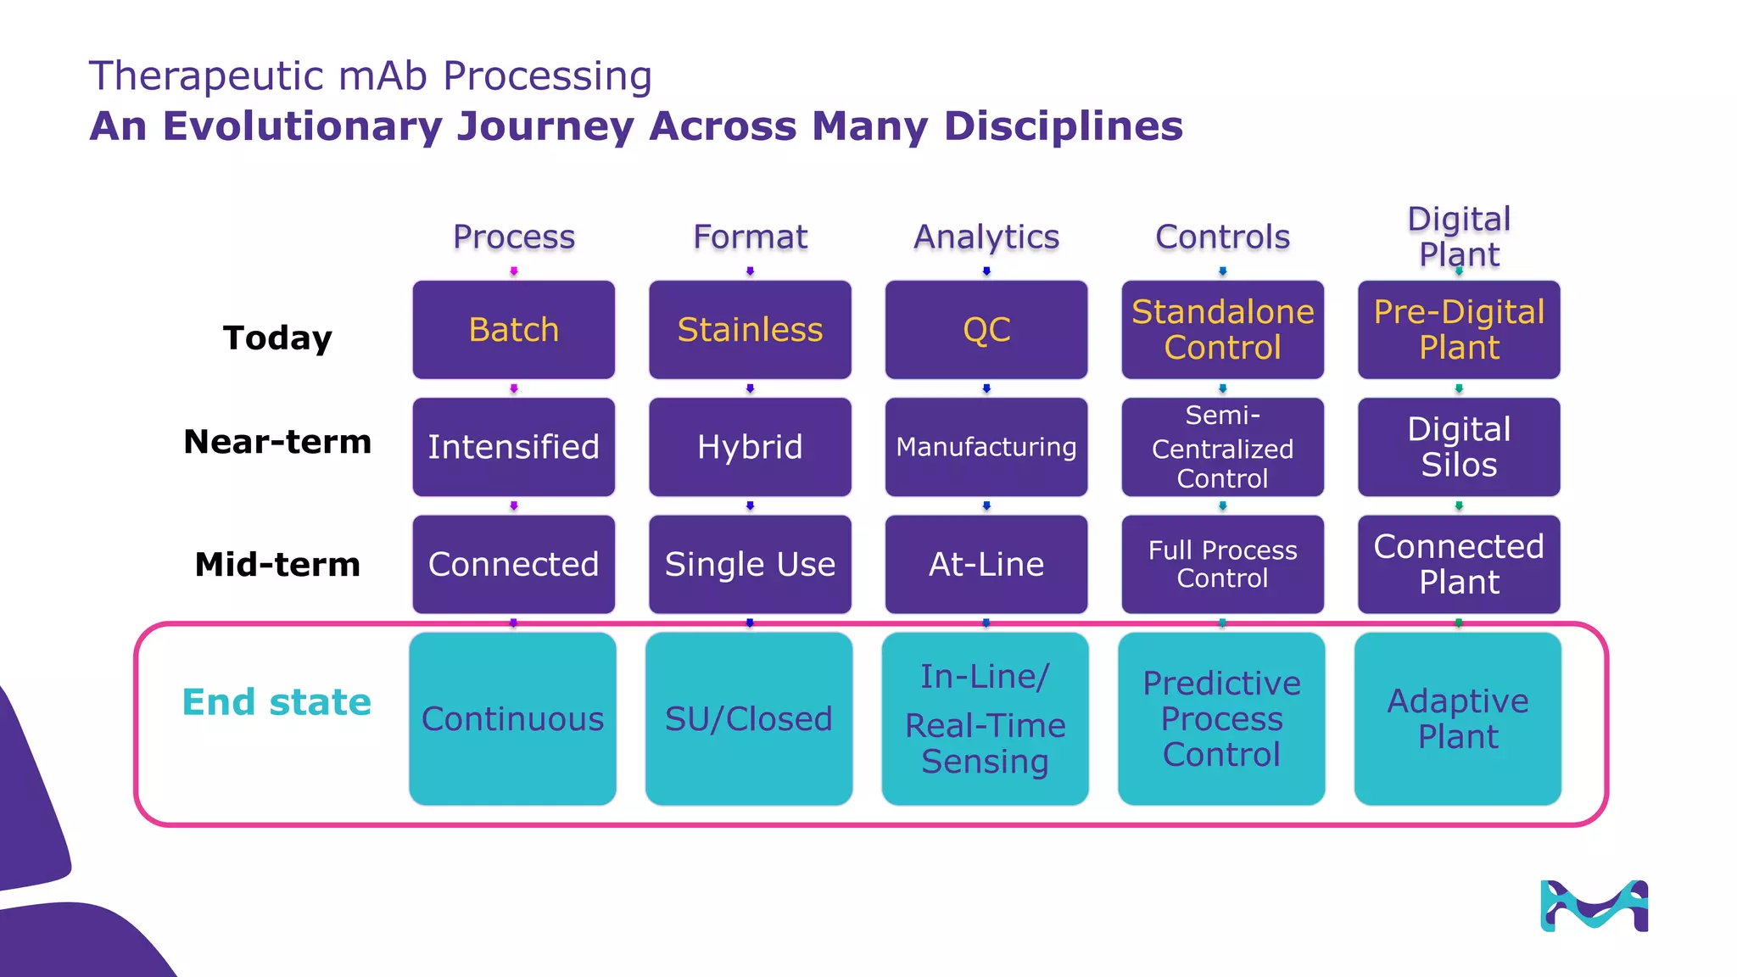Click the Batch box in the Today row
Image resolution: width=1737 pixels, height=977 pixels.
[x=513, y=330]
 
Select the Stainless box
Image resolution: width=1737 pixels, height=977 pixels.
[x=750, y=330]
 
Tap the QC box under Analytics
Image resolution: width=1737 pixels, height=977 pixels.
[x=986, y=330]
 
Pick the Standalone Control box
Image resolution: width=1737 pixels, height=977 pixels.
[x=1222, y=330]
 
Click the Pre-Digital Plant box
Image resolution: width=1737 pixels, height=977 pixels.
[x=1459, y=330]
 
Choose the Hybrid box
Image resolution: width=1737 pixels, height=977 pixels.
[x=750, y=447]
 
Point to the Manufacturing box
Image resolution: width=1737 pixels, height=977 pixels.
[x=986, y=447]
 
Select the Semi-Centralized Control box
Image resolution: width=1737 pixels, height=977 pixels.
[x=1222, y=447]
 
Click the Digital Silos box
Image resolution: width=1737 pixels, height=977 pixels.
[x=1459, y=447]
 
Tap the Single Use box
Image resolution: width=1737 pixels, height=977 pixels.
[x=750, y=564]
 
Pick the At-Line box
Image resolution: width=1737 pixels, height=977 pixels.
[x=986, y=564]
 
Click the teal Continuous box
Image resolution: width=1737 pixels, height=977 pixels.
[x=512, y=718]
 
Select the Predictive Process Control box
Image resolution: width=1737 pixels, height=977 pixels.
[x=1221, y=718]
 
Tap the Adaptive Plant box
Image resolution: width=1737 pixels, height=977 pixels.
[x=1458, y=718]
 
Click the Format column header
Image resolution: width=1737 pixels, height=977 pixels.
[x=750, y=237]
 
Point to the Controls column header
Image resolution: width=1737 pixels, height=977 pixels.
[x=1222, y=237]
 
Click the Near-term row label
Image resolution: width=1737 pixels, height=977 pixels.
[x=277, y=442]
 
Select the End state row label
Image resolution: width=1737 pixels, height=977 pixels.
[x=276, y=702]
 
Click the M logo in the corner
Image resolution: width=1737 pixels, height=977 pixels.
[x=1594, y=906]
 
